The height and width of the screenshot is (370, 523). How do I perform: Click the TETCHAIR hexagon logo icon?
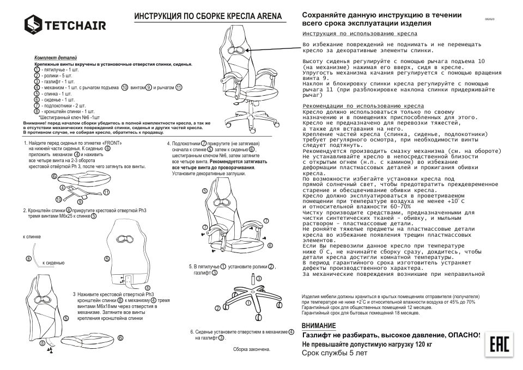[34, 24]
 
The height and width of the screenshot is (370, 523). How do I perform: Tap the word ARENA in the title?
[267, 17]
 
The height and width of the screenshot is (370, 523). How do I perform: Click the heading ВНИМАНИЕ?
[319, 325]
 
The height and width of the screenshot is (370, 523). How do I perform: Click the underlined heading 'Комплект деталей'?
[56, 58]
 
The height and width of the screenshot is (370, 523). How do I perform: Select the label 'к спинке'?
[32, 237]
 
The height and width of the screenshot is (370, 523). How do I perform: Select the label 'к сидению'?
[53, 262]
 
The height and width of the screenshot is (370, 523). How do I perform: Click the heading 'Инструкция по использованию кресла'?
[360, 34]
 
